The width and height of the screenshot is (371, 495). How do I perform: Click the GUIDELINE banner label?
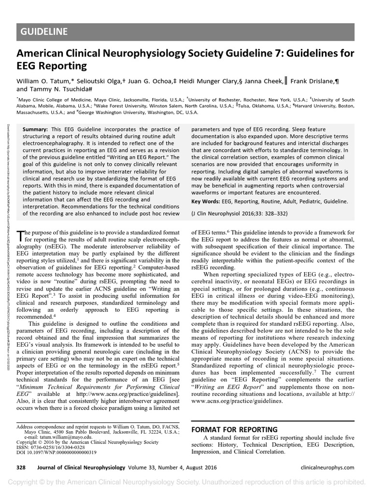click(44, 32)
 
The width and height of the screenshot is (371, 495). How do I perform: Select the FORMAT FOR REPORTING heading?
click(234, 430)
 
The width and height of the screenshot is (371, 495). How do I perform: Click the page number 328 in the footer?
click(21, 467)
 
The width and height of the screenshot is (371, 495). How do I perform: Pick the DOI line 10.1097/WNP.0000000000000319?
click(56, 452)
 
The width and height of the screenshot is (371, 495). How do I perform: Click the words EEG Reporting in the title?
click(45, 65)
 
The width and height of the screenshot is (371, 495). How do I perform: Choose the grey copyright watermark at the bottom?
click(185, 482)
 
